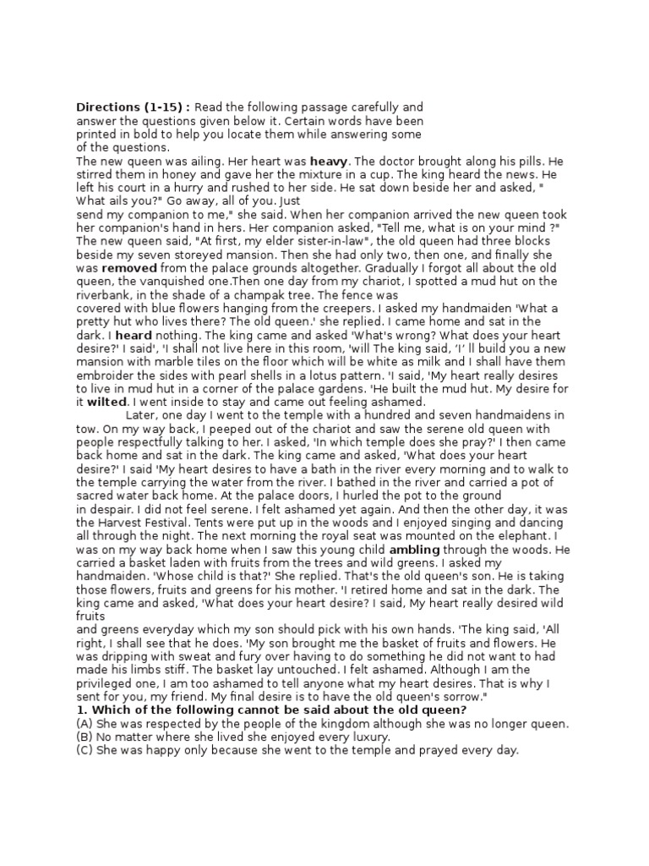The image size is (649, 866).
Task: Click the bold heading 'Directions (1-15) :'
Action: click(x=134, y=107)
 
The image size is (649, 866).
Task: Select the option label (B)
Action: click(x=84, y=737)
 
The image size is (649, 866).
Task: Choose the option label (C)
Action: click(x=84, y=750)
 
